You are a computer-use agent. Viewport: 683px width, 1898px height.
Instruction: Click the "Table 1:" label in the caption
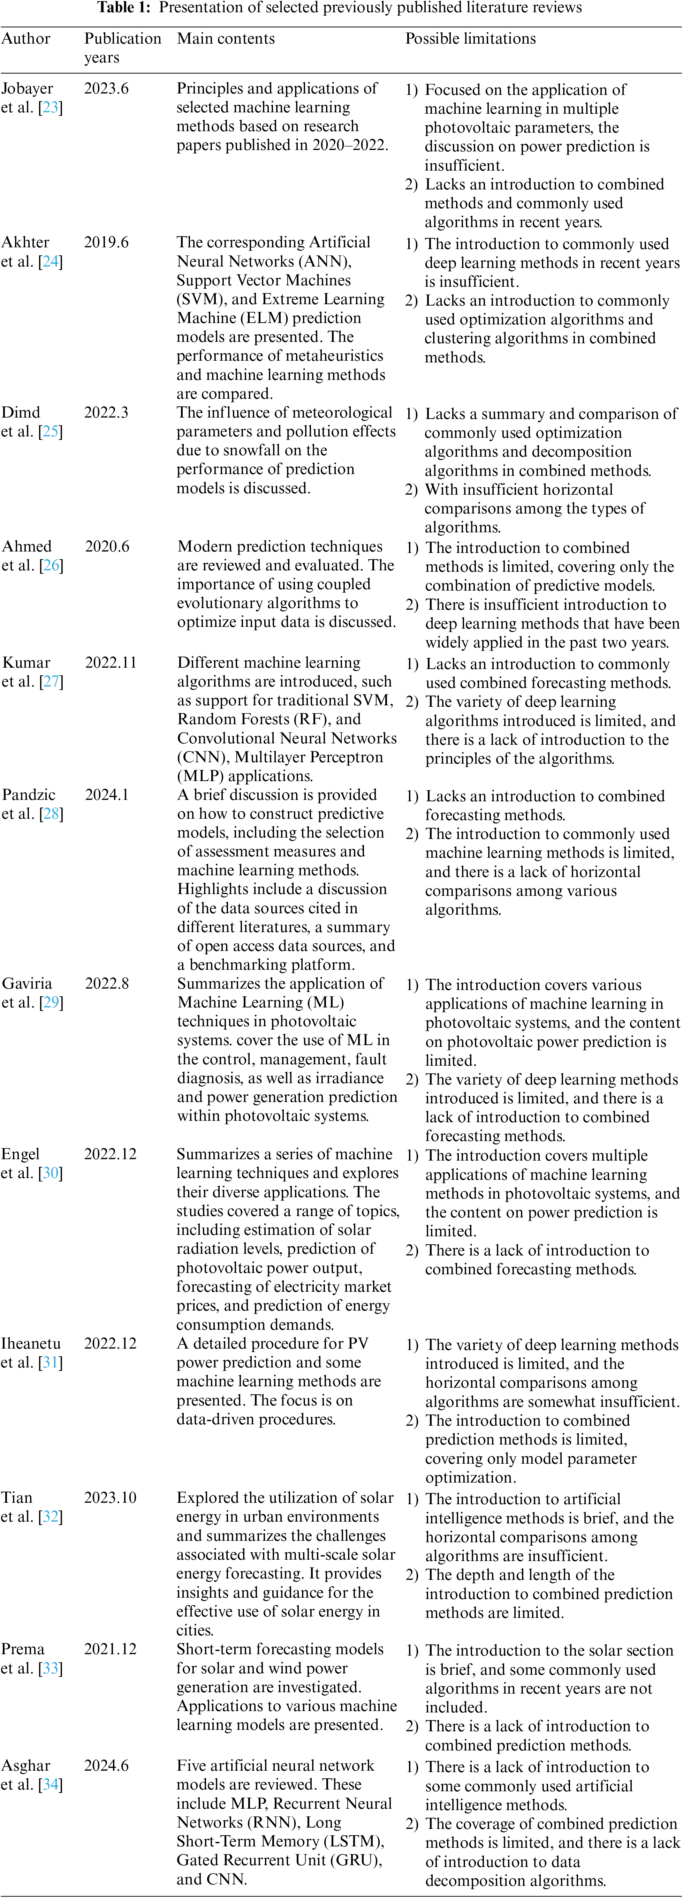(125, 8)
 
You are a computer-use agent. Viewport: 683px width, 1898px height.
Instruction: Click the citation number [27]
(51, 682)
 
